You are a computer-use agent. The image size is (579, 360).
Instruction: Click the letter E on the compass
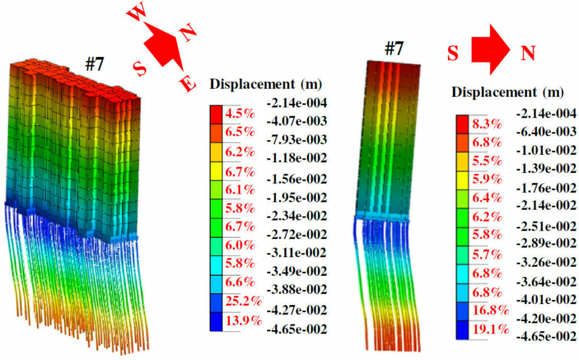click(x=188, y=85)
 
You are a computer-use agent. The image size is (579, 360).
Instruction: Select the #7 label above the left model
click(x=94, y=64)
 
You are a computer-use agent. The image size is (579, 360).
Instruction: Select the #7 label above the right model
click(x=394, y=49)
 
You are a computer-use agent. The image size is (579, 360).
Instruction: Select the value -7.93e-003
click(x=296, y=140)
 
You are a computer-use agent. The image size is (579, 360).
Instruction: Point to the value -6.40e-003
click(x=545, y=132)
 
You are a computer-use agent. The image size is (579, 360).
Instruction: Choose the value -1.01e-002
click(x=545, y=150)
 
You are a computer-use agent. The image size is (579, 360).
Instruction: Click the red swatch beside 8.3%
click(x=462, y=122)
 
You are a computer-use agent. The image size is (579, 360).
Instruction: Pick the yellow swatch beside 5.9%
click(x=462, y=179)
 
